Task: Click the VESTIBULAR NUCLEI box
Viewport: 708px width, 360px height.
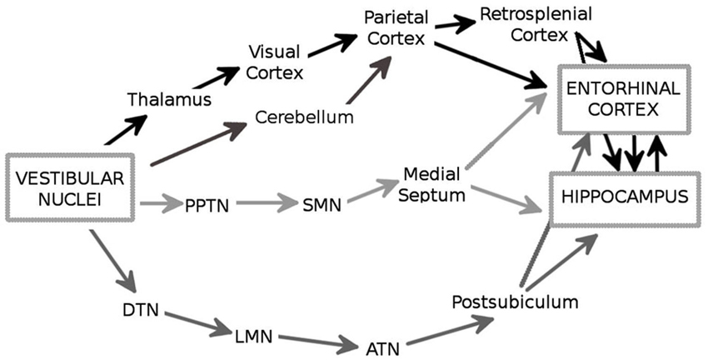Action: click(69, 188)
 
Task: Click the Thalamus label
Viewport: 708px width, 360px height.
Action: click(169, 100)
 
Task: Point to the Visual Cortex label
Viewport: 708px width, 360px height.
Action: click(275, 63)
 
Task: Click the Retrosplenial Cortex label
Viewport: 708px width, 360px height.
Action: click(537, 24)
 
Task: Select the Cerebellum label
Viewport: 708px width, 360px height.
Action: click(305, 117)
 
